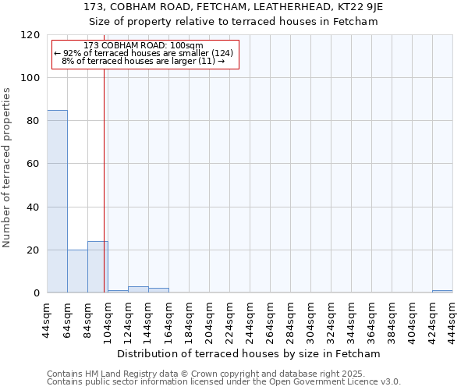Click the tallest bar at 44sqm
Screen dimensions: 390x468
coord(57,201)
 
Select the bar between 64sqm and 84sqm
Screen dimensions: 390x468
coord(77,271)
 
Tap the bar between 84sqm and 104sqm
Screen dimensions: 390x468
coord(97,267)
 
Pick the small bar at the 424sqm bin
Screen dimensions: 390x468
coord(442,292)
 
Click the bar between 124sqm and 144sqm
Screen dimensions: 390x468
coord(138,289)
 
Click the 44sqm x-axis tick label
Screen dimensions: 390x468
coord(48,319)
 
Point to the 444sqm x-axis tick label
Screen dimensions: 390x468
coord(453,319)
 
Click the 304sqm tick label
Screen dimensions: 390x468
coord(311,319)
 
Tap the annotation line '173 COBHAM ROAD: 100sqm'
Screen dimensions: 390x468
coord(143,45)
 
